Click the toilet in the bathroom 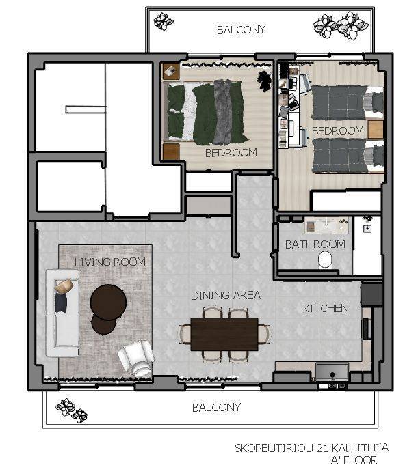click(325, 260)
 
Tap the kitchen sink click(332, 372)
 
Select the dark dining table click(224, 334)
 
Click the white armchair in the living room click(136, 358)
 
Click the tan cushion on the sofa click(64, 286)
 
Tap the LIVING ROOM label click(110, 262)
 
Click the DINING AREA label click(226, 296)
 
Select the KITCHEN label click(326, 309)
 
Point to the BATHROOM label click(315, 244)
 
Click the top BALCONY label click(241, 30)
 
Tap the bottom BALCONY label click(216, 408)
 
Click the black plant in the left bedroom click(265, 81)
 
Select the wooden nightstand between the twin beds click(376, 129)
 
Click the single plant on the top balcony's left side click(164, 21)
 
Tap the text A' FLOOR click(354, 460)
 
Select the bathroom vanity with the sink click(326, 226)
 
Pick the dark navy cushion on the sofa click(61, 303)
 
